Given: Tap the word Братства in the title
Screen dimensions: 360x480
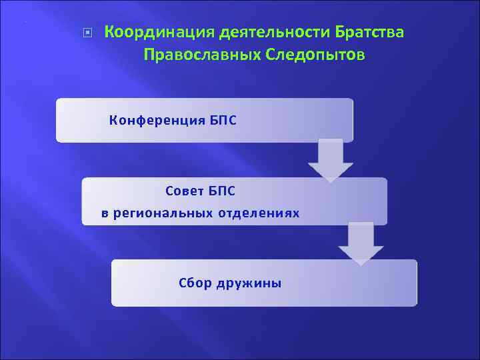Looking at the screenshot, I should [370, 32].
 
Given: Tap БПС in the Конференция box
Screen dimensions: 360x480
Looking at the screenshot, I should [219, 121].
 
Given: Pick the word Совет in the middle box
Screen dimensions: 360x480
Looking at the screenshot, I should [181, 191].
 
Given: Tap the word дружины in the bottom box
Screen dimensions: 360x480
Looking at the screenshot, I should [249, 283].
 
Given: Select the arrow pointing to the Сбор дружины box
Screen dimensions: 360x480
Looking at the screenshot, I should [360, 245].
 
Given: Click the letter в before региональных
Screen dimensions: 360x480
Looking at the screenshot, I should [104, 214].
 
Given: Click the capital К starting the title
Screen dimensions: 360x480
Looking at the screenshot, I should [110, 32].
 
